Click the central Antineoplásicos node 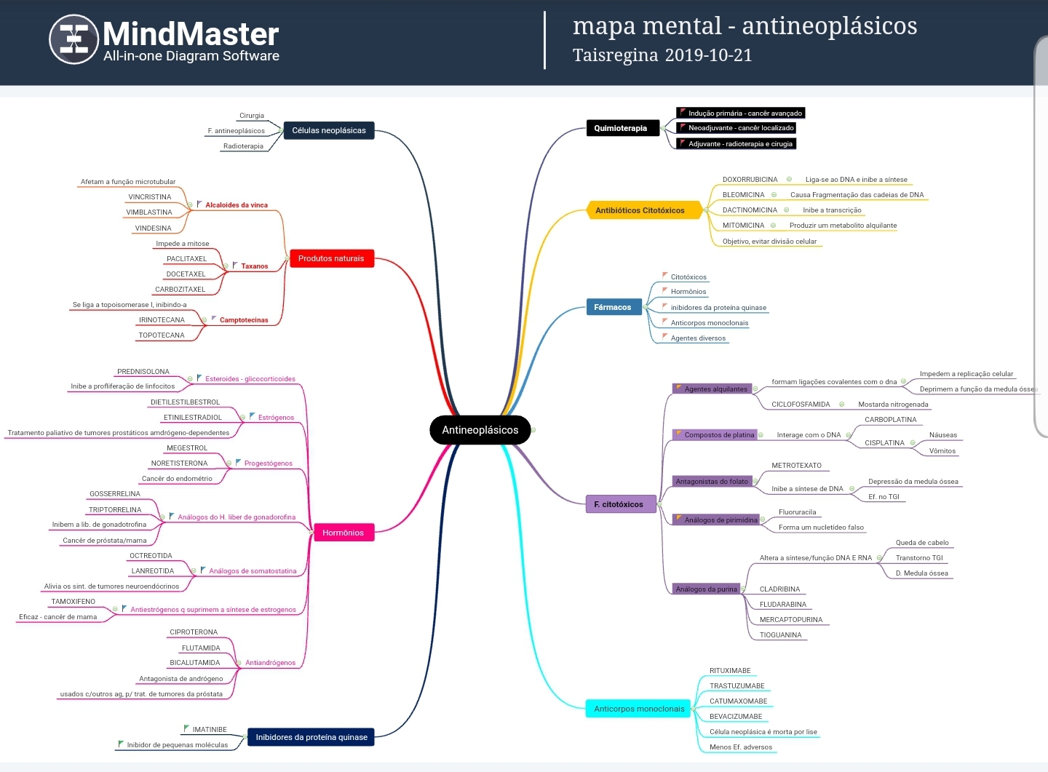pos(480,430)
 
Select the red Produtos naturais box pos(331,258)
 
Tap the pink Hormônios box pos(343,533)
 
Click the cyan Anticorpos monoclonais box pos(638,709)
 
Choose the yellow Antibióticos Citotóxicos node pos(640,210)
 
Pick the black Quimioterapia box pos(621,129)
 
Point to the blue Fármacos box pos(613,307)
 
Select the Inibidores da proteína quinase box pos(311,737)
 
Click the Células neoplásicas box pos(329,130)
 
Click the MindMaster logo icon pos(74,39)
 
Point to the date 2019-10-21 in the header pos(708,55)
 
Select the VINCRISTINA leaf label pos(150,197)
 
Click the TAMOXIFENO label pos(73,602)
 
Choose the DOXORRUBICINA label pos(750,180)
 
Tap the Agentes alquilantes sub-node pos(715,389)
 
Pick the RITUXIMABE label pos(730,671)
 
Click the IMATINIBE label pos(210,730)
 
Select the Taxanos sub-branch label pos(255,266)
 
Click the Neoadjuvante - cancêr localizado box pos(739,128)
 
